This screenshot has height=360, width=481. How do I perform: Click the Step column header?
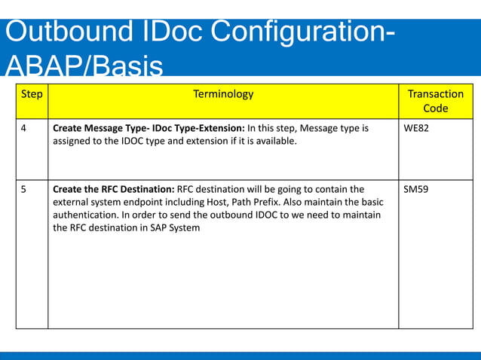(x=32, y=95)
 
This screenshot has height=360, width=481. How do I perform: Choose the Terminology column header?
(x=223, y=94)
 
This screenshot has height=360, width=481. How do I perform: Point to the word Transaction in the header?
(x=435, y=94)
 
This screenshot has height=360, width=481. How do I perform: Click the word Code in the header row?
(x=435, y=108)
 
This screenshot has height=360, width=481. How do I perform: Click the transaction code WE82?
(x=416, y=129)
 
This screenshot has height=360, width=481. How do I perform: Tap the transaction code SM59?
(x=416, y=189)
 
